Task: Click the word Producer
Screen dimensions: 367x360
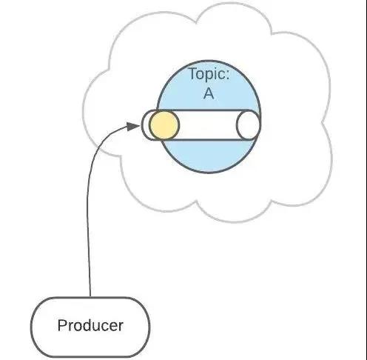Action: [x=90, y=325]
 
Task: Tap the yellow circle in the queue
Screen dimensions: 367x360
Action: [x=164, y=125]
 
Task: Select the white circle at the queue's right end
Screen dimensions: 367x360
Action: [x=248, y=125]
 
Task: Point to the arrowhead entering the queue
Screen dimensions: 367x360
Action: [x=133, y=127]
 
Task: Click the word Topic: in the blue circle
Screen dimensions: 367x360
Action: [x=209, y=73]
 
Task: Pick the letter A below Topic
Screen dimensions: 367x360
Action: [x=209, y=93]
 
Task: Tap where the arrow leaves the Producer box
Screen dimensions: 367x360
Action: [x=90, y=296]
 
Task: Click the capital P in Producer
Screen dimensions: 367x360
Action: [x=62, y=325]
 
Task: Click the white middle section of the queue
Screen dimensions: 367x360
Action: [x=208, y=125]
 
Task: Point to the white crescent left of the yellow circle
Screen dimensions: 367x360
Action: [x=146, y=125]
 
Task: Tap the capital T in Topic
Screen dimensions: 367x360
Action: [x=194, y=73]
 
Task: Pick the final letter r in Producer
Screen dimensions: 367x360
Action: [x=121, y=327]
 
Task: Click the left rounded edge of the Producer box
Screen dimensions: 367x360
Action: [x=32, y=327]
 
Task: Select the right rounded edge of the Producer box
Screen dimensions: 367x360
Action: [x=149, y=327]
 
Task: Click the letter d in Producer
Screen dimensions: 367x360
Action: [x=86, y=325]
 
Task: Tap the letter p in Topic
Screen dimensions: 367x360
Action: [x=209, y=76]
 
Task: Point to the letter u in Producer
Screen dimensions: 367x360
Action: [x=96, y=327]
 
